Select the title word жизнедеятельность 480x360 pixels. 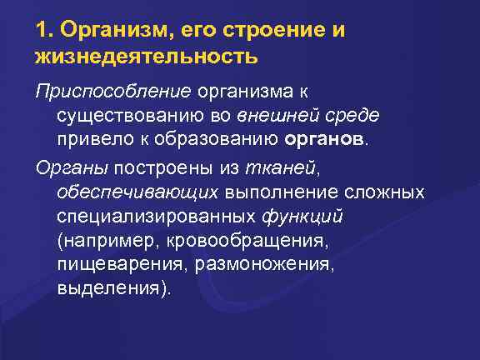click(x=147, y=57)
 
